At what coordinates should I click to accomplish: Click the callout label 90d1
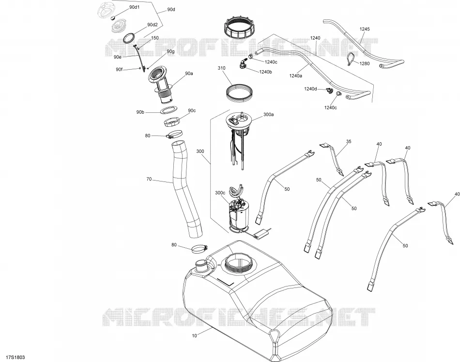point(134,7)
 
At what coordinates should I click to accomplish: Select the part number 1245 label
point(365,29)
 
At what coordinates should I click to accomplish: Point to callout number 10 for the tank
point(195,335)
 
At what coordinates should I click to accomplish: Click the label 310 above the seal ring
point(221,68)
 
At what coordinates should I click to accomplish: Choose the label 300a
point(268,115)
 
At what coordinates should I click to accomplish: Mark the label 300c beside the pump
point(220,193)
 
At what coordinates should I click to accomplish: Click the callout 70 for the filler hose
point(149,179)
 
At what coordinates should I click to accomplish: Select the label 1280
point(365,63)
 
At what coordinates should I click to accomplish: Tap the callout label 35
point(349,142)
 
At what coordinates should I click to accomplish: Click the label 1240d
point(310,89)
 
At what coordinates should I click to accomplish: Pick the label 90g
point(171,51)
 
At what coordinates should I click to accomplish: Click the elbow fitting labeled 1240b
point(242,64)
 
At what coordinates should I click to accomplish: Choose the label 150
point(154,38)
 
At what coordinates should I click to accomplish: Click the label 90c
point(192,110)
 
